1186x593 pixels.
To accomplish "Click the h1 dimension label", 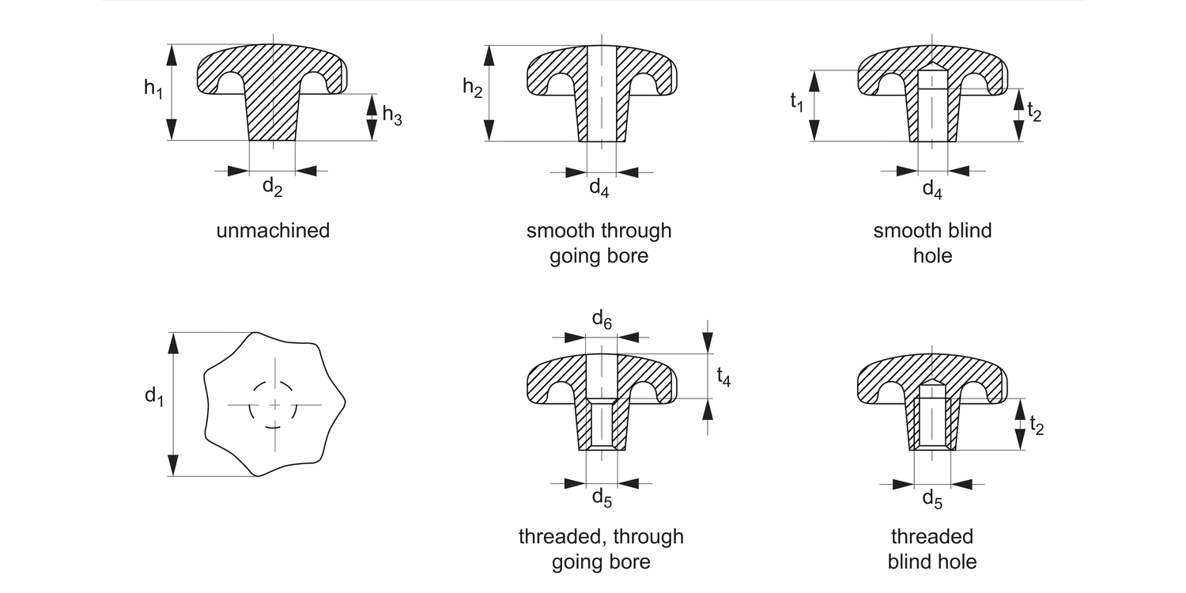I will [153, 89].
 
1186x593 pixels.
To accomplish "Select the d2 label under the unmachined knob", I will [272, 187].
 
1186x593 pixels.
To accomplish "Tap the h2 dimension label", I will [472, 89].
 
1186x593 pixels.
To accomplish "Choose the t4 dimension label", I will [723, 378].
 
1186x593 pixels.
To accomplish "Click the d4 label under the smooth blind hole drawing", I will [932, 189].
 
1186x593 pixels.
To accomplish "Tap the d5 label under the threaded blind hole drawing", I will [932, 499].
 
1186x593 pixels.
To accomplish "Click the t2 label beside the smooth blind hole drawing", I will [1033, 112].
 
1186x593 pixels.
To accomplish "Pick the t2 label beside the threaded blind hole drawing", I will [1035, 425].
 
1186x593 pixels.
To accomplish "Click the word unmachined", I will [273, 232].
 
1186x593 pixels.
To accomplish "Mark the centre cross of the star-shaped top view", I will [274, 405].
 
